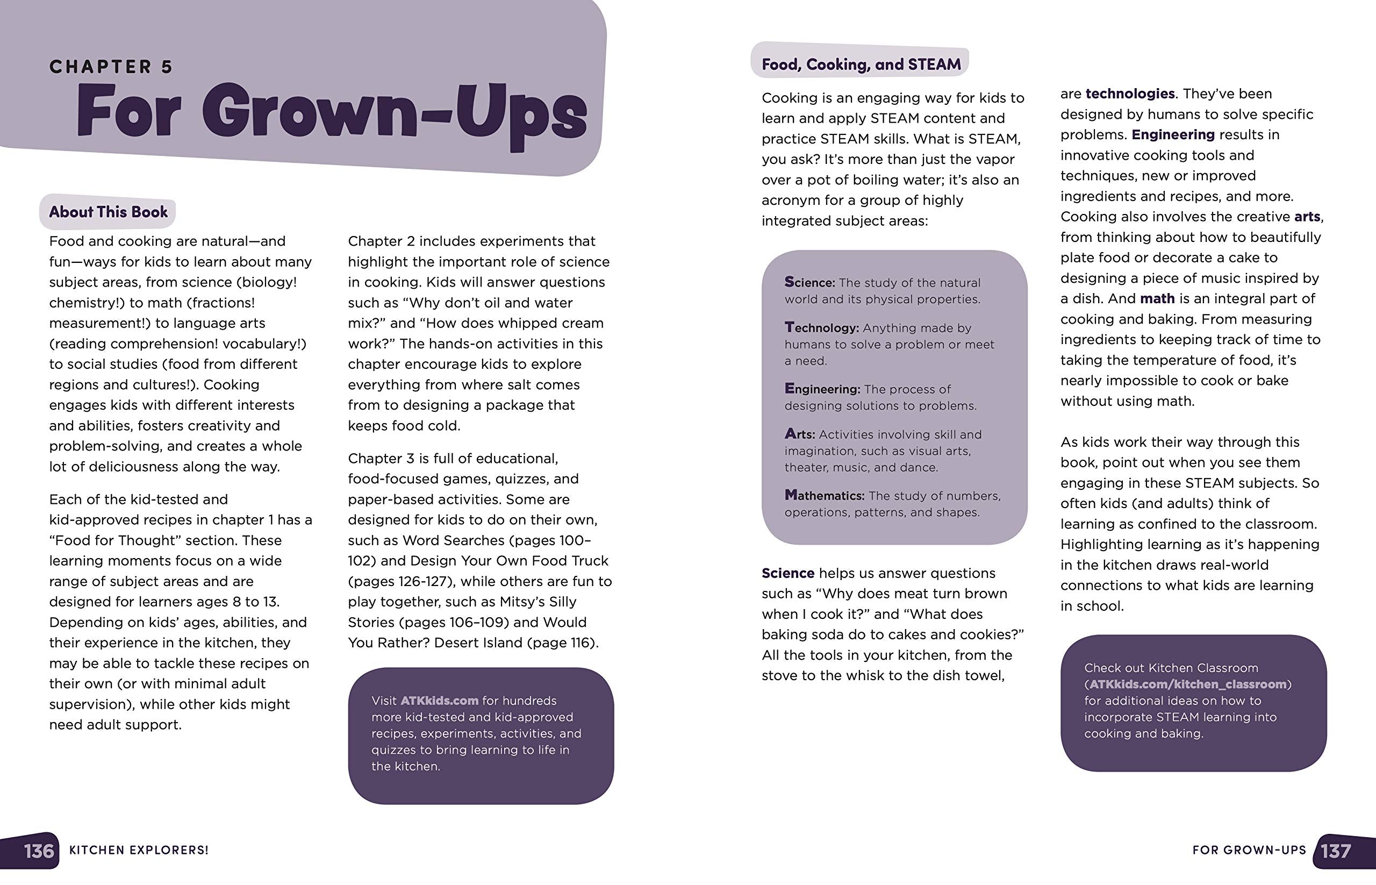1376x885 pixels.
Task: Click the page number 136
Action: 39,851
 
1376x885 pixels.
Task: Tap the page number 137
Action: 1336,851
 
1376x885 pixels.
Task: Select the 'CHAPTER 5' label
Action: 111,67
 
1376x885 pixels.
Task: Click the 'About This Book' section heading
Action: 108,212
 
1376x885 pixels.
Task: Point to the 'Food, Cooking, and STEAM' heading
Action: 861,65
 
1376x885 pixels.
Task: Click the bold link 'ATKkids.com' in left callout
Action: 439,701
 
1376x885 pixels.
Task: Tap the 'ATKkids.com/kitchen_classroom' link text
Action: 1187,684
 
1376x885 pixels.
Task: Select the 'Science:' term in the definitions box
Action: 809,282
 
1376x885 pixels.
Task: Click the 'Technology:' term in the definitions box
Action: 822,327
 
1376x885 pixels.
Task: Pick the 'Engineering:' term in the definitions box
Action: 822,389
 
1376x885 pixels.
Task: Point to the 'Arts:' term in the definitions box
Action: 800,434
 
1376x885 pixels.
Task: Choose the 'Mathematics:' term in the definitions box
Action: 825,495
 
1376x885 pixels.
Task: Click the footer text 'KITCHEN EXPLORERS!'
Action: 139,851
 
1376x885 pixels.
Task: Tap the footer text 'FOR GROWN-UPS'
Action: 1249,851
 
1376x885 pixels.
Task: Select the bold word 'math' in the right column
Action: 1157,299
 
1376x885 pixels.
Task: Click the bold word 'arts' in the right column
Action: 1307,217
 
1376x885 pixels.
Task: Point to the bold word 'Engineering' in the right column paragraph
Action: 1173,134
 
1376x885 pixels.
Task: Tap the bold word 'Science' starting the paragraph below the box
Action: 787,573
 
